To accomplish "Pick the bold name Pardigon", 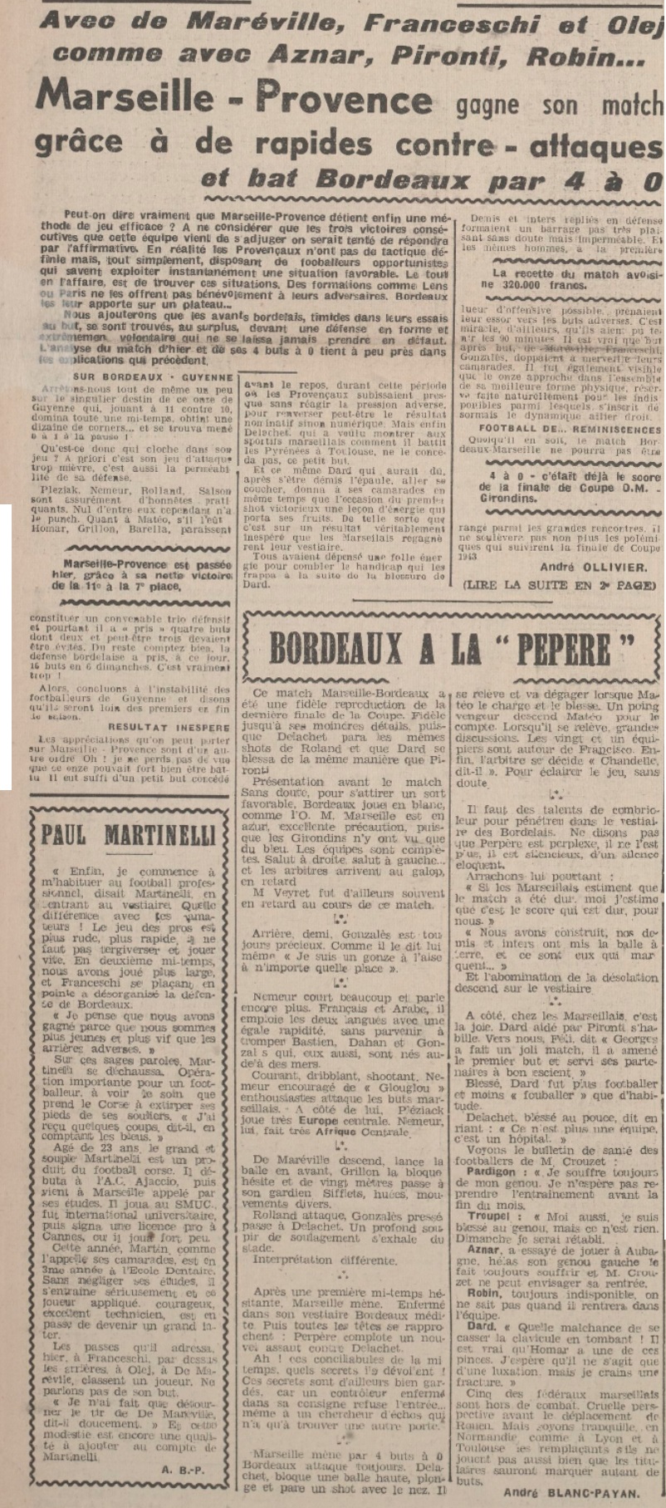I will (492, 1169).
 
